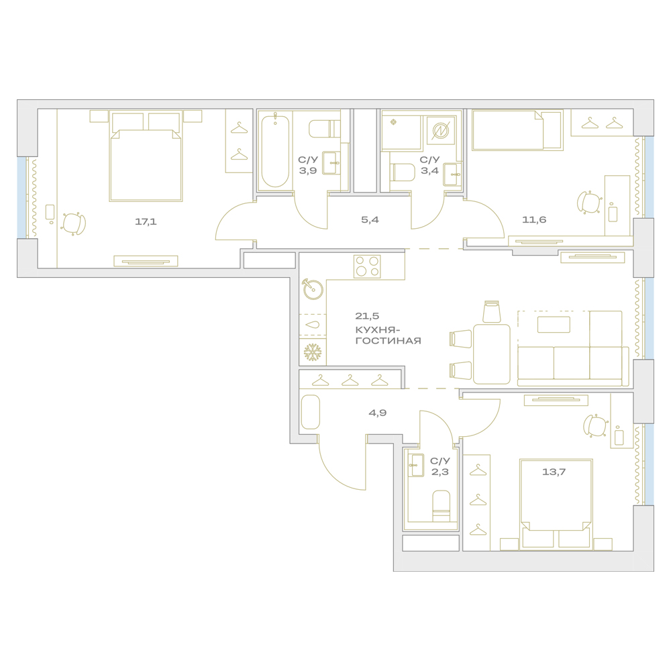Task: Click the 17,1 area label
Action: point(146,221)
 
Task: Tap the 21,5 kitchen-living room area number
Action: point(367,316)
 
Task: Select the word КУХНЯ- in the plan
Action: point(379,329)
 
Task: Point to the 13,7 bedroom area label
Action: point(554,472)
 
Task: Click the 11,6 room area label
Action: point(534,220)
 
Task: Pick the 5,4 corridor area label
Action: point(370,220)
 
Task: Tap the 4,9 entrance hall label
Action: point(377,413)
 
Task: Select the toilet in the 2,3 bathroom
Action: point(442,506)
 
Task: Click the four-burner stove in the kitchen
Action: point(367,266)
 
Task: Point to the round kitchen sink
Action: point(313,289)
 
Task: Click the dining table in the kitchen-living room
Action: point(492,354)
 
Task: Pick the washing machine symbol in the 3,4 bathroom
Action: point(439,130)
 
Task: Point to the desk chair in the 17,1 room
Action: point(74,224)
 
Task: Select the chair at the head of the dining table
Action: point(492,311)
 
